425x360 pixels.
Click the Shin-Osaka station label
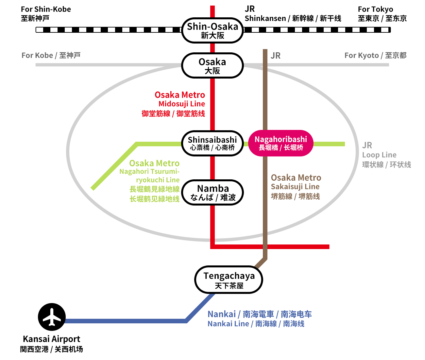pyautogui.click(x=212, y=27)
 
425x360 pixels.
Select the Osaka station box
pyautogui.click(x=212, y=65)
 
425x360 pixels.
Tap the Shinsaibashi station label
pyautogui.click(x=212, y=140)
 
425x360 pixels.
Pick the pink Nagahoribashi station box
pyautogui.click(x=280, y=143)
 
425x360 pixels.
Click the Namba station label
pyautogui.click(x=213, y=189)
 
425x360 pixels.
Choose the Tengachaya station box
pyautogui.click(x=229, y=280)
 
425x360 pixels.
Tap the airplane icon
pyautogui.click(x=52, y=317)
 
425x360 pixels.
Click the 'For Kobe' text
pyautogui.click(x=37, y=55)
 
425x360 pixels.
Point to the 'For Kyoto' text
pyautogui.click(x=362, y=55)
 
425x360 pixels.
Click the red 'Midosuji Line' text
pyautogui.click(x=182, y=104)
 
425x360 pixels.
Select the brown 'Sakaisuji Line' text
pyautogui.click(x=295, y=187)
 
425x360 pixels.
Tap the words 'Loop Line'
pyautogui.click(x=379, y=155)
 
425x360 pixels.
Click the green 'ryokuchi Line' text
pyautogui.click(x=158, y=180)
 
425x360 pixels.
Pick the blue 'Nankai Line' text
pyautogui.click(x=228, y=324)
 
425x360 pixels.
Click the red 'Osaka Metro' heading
pyautogui.click(x=180, y=95)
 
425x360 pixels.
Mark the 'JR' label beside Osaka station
pyautogui.click(x=276, y=56)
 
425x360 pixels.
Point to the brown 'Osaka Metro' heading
pyautogui.click(x=296, y=178)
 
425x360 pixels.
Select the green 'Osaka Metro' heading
pyautogui.click(x=154, y=163)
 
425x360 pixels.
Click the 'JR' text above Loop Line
pyautogui.click(x=367, y=145)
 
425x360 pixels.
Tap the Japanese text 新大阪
pyautogui.click(x=212, y=35)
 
